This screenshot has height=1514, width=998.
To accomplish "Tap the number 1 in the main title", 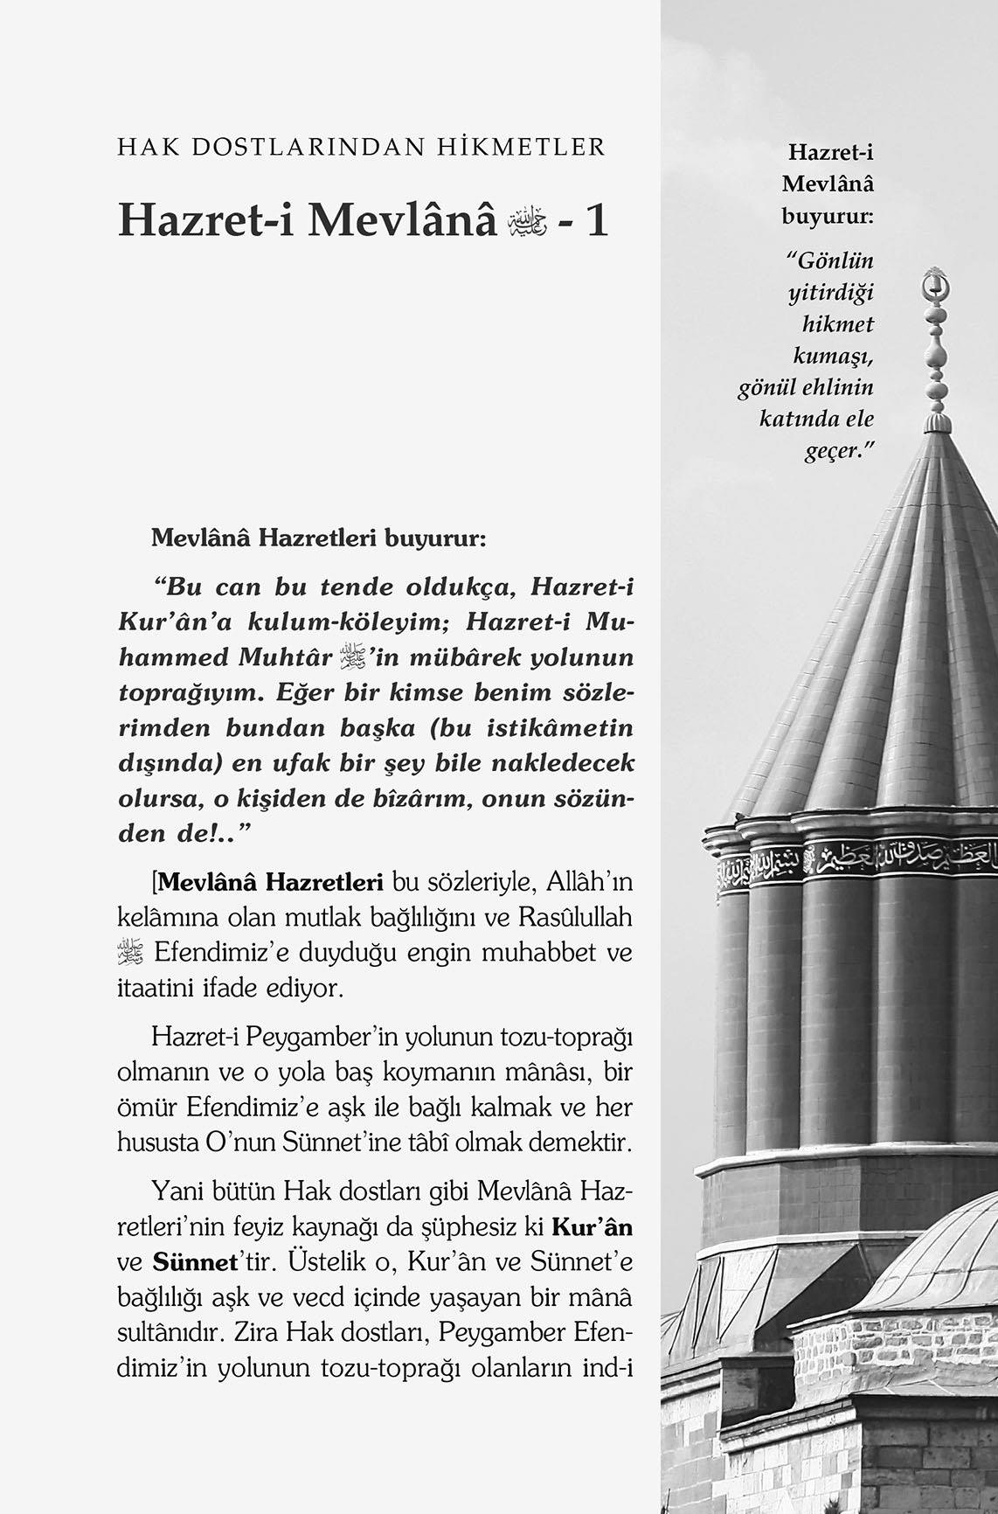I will (597, 220).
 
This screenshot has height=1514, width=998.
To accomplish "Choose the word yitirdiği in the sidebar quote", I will (831, 293).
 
